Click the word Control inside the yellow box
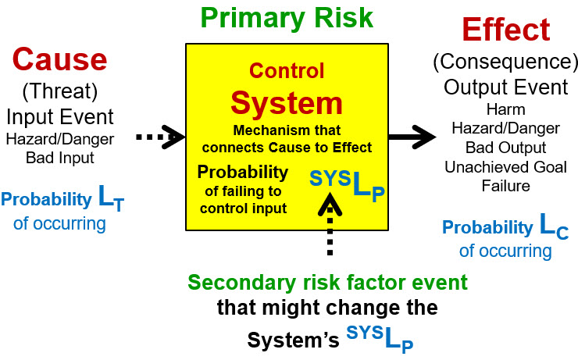click(x=286, y=72)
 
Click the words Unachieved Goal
click(x=505, y=167)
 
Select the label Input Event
click(x=60, y=117)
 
